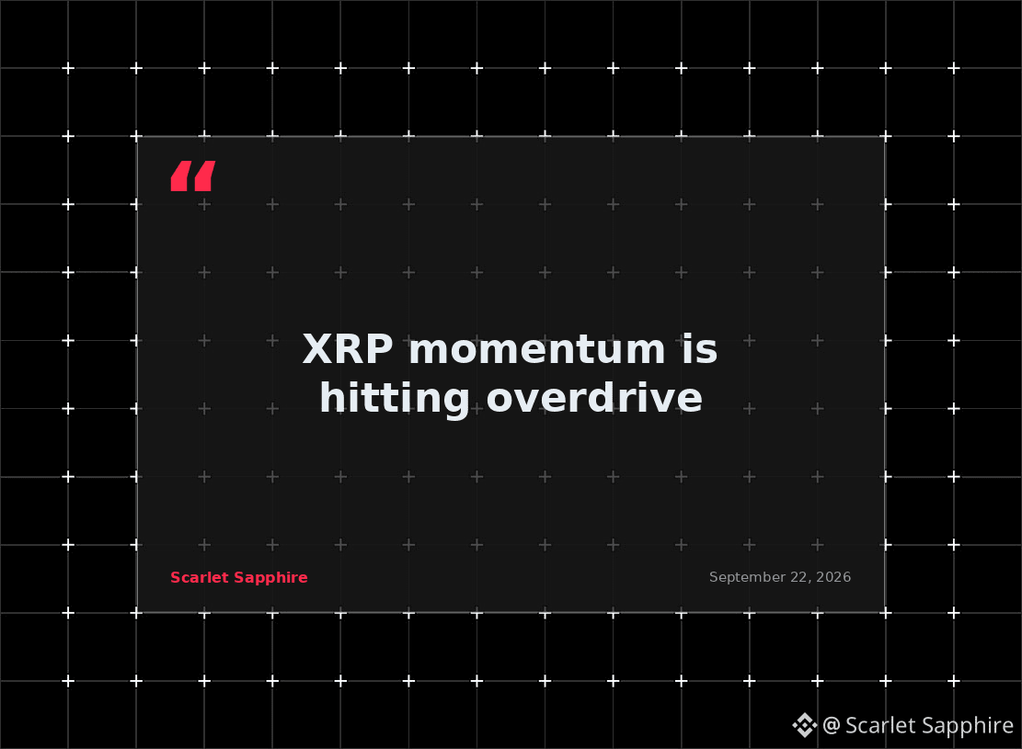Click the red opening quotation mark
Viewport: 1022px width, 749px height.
pyautogui.click(x=193, y=176)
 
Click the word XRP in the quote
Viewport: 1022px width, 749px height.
pyautogui.click(x=348, y=349)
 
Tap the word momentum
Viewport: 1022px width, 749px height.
pyautogui.click(x=537, y=350)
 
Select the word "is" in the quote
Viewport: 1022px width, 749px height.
pyautogui.click(x=700, y=349)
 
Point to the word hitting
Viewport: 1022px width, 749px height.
pyautogui.click(x=395, y=398)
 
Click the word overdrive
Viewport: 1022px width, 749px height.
pyautogui.click(x=594, y=397)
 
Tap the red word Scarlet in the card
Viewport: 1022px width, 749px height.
pyautogui.click(x=200, y=578)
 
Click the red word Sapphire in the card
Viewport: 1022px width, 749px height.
pyautogui.click(x=270, y=578)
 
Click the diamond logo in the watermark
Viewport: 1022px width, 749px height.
pyautogui.click(x=804, y=725)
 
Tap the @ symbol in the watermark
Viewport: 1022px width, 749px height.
pyautogui.click(x=831, y=725)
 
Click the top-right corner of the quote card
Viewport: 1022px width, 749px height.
pyautogui.click(x=884, y=137)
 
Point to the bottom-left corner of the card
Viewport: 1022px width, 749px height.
pyautogui.click(x=138, y=612)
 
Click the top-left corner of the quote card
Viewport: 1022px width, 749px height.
pyautogui.click(x=138, y=137)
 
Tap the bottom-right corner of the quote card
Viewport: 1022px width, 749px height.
pyautogui.click(x=884, y=612)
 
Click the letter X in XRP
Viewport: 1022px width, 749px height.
pyautogui.click(x=317, y=349)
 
